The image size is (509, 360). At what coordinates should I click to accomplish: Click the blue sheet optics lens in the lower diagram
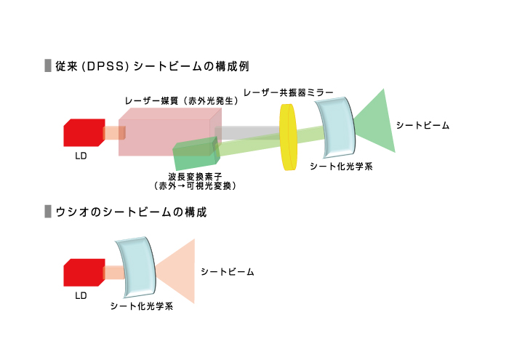pyautogui.click(x=136, y=265)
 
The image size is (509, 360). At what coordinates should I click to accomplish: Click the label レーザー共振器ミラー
pyautogui.click(x=289, y=93)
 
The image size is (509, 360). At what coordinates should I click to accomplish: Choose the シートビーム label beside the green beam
pyautogui.click(x=422, y=125)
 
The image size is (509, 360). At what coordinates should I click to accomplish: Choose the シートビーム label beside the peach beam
pyautogui.click(x=228, y=271)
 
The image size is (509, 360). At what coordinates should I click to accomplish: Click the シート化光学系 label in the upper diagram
pyautogui.click(x=341, y=167)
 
